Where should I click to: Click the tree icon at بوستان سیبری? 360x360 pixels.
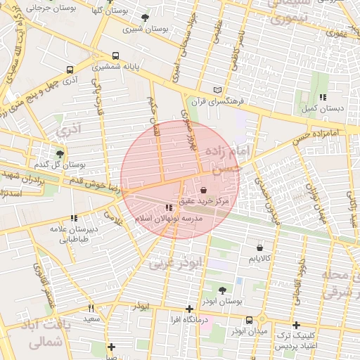click(145, 18)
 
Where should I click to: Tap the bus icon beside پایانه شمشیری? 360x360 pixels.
click(115, 56)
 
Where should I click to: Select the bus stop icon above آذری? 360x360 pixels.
click(69, 70)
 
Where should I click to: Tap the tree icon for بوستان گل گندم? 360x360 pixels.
click(59, 153)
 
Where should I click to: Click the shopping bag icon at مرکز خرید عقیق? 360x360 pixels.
click(203, 190)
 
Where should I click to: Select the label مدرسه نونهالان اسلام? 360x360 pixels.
click(169, 219)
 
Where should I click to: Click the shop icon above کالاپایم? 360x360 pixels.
click(261, 247)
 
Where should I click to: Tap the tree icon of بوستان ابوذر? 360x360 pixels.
click(223, 290)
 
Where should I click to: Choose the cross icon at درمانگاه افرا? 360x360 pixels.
click(188, 309)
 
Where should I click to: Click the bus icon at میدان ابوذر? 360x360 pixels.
click(249, 320)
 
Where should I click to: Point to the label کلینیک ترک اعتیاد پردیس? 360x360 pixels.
click(297, 341)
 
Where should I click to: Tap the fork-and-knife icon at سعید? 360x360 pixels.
click(91, 308)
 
